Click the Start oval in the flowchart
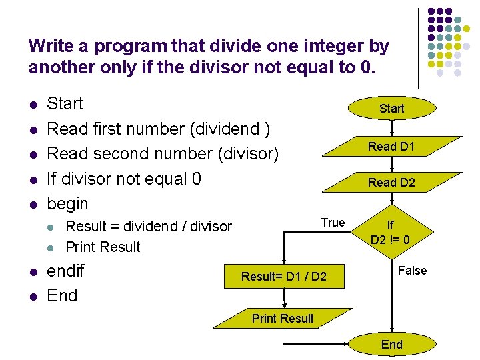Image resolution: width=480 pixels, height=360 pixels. point(391,108)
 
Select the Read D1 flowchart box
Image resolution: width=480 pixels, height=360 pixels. point(391,147)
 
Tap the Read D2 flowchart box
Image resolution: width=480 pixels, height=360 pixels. point(391,182)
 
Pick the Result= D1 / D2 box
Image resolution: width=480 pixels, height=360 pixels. point(284,276)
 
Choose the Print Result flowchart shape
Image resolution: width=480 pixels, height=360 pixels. point(283,319)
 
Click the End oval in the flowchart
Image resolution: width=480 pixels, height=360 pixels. point(391,344)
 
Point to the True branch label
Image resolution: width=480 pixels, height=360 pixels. point(333,223)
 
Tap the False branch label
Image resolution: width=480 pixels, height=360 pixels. point(412,270)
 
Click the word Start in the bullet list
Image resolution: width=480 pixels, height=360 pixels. point(65,104)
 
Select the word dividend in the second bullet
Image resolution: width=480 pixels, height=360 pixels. point(229,129)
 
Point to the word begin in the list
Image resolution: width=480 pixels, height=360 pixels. point(67,203)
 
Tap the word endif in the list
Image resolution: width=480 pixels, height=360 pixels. point(65,271)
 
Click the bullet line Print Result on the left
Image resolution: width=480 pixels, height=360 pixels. point(103,247)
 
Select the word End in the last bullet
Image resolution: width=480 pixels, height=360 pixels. point(62,295)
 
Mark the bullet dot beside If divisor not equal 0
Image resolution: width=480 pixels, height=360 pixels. point(33,179)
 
